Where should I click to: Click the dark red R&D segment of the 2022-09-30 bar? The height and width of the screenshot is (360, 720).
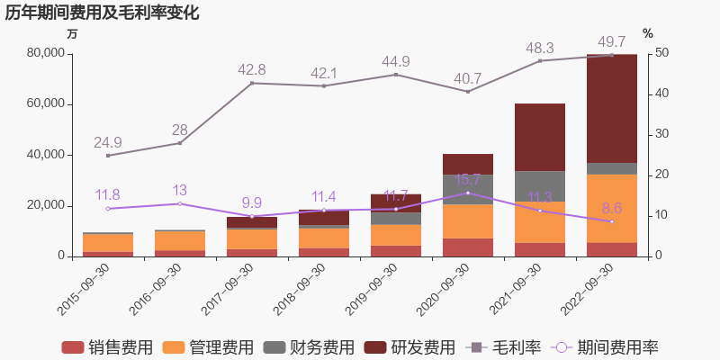(x=612, y=108)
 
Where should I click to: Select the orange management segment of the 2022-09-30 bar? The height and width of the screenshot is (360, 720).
(x=612, y=208)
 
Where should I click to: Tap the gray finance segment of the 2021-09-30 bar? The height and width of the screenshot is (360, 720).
(x=540, y=185)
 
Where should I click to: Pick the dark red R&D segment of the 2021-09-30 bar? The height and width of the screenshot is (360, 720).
(x=540, y=137)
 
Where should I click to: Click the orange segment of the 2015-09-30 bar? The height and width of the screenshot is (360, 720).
(x=108, y=243)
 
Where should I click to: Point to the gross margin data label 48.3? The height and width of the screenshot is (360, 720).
(x=540, y=48)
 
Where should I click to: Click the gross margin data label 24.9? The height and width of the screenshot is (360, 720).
(x=108, y=142)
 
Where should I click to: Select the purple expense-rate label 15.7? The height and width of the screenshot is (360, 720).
(x=468, y=180)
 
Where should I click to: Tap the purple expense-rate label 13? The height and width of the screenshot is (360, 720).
(x=180, y=190)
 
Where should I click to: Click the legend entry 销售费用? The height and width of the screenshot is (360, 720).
(x=108, y=347)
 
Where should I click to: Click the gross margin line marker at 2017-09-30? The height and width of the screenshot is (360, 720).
(x=252, y=83)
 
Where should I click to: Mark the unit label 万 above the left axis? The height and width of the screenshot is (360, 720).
(x=73, y=34)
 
